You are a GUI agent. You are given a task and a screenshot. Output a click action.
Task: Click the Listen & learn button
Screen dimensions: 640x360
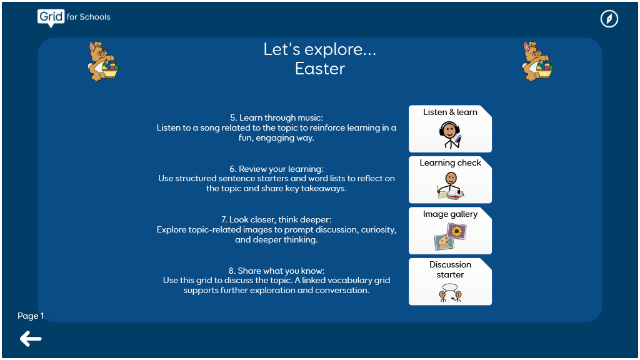click(450, 129)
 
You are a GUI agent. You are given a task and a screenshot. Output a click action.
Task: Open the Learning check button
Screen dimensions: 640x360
click(450, 179)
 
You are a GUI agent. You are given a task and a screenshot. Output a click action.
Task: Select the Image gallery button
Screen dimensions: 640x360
click(450, 231)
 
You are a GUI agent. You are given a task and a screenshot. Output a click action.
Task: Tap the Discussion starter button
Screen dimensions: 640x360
click(450, 282)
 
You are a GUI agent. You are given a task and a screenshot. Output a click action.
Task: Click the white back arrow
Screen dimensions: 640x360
click(31, 339)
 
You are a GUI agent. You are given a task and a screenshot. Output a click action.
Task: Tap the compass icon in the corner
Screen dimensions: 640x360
click(609, 19)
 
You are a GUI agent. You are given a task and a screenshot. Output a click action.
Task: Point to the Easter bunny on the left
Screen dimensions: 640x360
click(103, 61)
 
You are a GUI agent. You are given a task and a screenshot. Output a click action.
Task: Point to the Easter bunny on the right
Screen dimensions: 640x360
click(537, 61)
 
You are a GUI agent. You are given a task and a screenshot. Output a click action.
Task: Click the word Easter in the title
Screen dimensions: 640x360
click(320, 69)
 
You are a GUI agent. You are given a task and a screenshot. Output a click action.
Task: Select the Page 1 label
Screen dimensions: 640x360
click(31, 316)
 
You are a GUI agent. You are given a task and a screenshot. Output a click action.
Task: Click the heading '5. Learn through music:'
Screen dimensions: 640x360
click(276, 117)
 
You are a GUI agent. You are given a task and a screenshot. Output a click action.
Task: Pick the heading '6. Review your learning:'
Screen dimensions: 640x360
click(276, 169)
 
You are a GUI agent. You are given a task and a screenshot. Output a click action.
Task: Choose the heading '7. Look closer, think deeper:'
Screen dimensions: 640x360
click(276, 219)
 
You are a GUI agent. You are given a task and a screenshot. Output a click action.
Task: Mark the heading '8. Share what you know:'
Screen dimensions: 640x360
click(276, 271)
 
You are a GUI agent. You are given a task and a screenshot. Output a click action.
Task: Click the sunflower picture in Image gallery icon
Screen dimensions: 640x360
click(457, 232)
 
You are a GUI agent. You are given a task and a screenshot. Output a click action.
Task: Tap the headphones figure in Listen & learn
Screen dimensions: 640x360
click(450, 135)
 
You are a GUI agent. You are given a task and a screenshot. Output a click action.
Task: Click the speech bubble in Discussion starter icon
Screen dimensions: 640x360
click(450, 287)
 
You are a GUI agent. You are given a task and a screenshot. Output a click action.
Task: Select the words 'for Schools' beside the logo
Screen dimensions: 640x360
click(89, 17)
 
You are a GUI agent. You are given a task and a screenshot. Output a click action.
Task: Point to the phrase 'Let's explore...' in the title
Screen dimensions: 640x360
click(320, 49)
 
